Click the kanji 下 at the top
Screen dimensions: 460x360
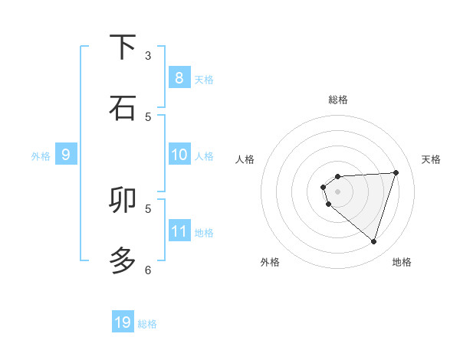pos(123,48)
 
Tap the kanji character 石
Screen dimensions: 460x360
pos(123,108)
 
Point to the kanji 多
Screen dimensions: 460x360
pos(123,260)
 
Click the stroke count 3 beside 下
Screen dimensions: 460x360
pos(148,56)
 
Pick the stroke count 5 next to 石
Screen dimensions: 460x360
pos(148,116)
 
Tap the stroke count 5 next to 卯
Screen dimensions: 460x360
pos(148,208)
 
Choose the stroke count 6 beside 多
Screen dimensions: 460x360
pos(148,270)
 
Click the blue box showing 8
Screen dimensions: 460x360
pos(179,78)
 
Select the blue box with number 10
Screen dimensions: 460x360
pos(179,155)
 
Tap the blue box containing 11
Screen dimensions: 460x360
pos(179,231)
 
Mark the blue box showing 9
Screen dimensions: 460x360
pos(66,155)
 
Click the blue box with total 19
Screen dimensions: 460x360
pos(123,322)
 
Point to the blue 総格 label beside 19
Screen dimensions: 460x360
pos(147,324)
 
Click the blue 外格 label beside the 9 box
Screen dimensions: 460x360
pos(41,156)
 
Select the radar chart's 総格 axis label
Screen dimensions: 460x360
pos(337,100)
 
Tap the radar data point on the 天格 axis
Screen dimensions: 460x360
pos(396,172)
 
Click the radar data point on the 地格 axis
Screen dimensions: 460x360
pos(373,241)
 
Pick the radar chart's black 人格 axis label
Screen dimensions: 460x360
pos(245,159)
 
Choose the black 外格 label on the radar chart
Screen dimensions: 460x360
pos(270,262)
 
